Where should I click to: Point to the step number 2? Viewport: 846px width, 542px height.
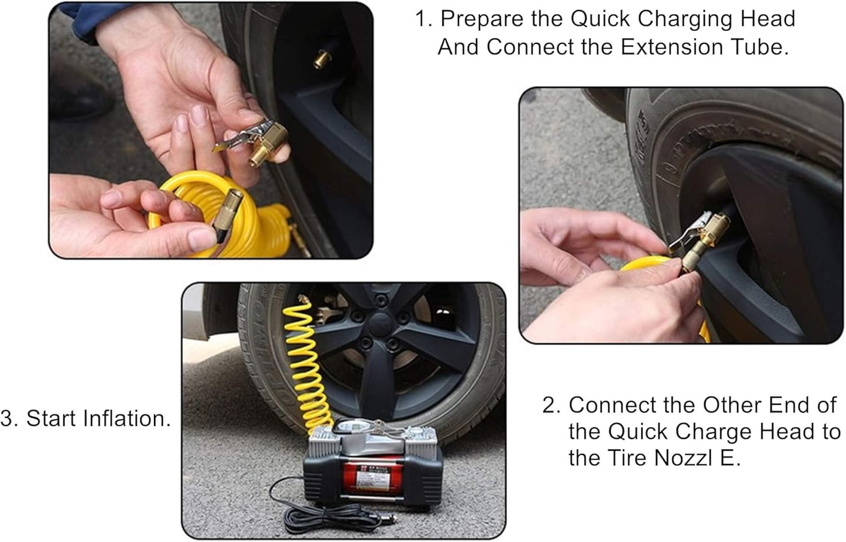[x=551, y=405]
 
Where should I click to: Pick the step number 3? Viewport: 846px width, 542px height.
[x=8, y=418]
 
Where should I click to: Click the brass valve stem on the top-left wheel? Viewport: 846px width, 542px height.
[x=320, y=59]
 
